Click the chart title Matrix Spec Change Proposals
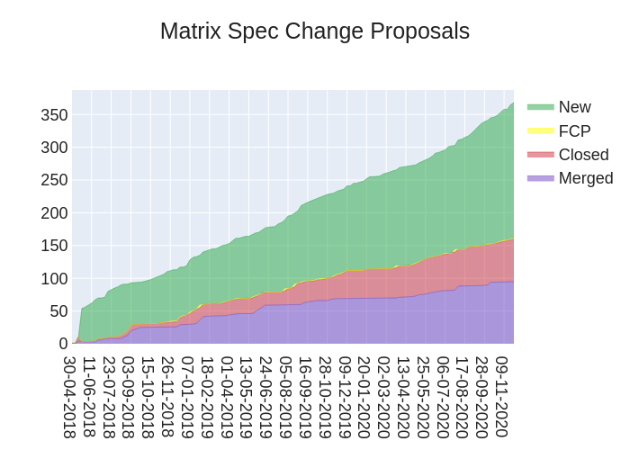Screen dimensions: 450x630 (x=315, y=31)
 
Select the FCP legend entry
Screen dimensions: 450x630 (x=574, y=130)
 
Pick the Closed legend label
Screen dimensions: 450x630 (x=583, y=154)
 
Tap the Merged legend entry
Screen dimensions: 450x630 (x=585, y=177)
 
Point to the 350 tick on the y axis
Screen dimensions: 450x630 (x=54, y=114)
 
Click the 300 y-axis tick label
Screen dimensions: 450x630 (x=54, y=147)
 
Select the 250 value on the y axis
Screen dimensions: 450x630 (x=54, y=180)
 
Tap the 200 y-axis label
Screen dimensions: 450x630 (x=54, y=212)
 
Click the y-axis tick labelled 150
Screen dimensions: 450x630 (x=54, y=245)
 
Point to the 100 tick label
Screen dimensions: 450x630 (x=54, y=278)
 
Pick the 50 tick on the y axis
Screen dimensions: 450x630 (x=58, y=310)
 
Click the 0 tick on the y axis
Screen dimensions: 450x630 (x=63, y=343)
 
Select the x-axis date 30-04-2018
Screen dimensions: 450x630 (x=69, y=396)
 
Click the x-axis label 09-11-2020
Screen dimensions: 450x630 (x=502, y=396)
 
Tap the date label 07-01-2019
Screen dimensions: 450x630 (x=187, y=396)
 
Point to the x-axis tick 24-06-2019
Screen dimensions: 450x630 (x=266, y=396)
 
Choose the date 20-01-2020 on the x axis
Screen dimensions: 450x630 (x=364, y=396)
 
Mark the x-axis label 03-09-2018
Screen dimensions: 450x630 (x=129, y=396)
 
